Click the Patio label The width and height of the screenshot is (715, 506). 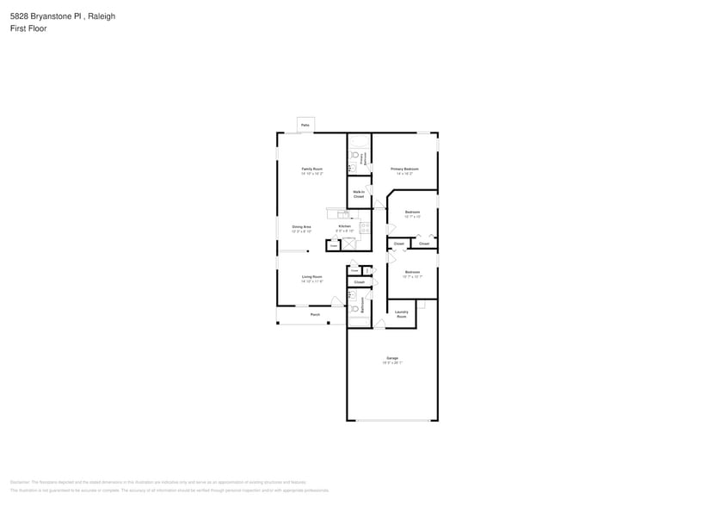305,126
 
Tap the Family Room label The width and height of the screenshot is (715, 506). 311,169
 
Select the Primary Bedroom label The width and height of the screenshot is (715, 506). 404,169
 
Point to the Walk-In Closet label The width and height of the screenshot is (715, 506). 359,194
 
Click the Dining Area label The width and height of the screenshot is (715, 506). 301,227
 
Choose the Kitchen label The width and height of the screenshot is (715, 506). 344,227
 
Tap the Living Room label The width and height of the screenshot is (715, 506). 311,277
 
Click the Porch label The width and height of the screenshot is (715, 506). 315,315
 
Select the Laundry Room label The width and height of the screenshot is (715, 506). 401,315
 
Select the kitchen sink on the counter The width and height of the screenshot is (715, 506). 342,213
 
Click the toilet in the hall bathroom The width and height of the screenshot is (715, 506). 354,308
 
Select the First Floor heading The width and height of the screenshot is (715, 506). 28,28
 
